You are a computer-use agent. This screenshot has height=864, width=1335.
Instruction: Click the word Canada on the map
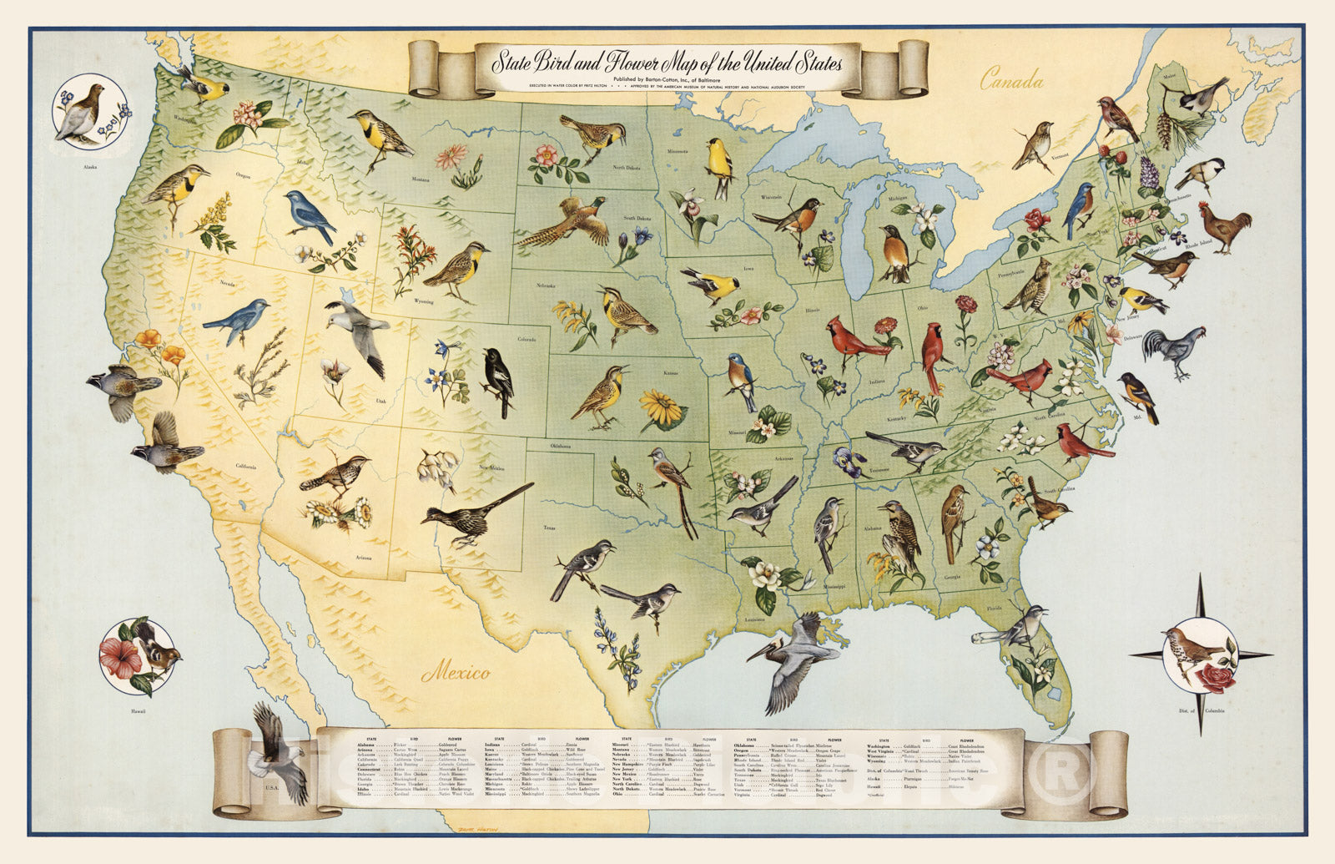click(x=1011, y=81)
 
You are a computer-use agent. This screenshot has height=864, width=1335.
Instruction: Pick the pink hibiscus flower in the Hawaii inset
click(x=121, y=656)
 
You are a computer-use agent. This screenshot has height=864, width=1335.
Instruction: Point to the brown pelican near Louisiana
click(x=793, y=655)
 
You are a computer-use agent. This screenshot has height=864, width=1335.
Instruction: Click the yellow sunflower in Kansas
click(x=661, y=409)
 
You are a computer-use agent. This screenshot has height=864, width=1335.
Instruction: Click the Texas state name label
click(x=549, y=528)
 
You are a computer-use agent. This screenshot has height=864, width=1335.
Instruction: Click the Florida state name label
click(x=994, y=609)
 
